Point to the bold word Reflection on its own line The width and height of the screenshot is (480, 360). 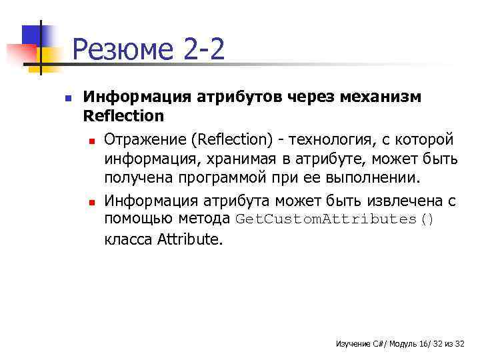[123, 116]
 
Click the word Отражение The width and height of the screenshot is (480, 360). [146, 140]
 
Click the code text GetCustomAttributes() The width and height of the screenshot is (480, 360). [335, 220]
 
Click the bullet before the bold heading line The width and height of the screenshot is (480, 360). [67, 97]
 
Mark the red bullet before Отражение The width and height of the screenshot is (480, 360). [89, 141]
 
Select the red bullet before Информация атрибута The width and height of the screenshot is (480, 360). [89, 201]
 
